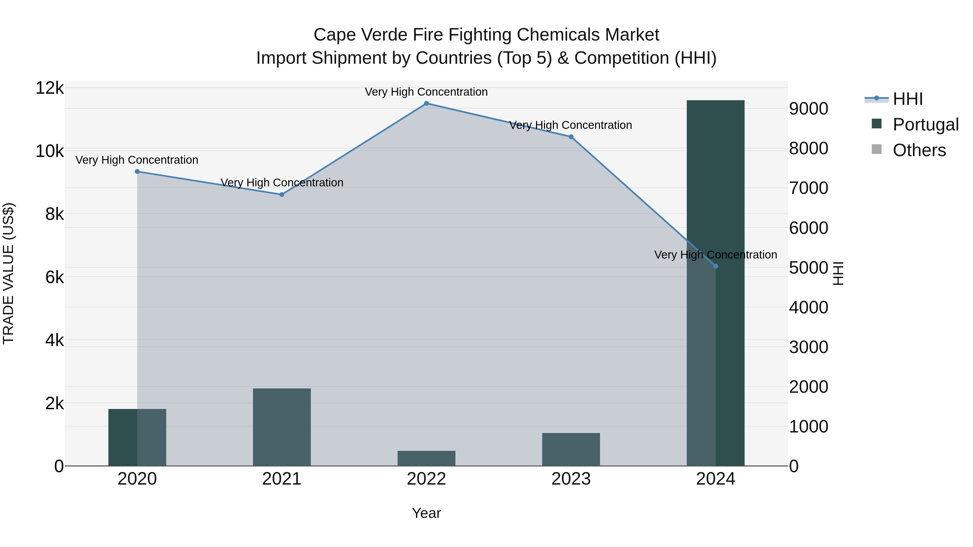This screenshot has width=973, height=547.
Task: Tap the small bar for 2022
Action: pyautogui.click(x=426, y=458)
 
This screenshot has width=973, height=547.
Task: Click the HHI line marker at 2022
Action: pyautogui.click(x=426, y=103)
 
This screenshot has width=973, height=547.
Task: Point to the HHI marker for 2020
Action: pyautogui.click(x=137, y=172)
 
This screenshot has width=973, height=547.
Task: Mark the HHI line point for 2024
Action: pyautogui.click(x=716, y=266)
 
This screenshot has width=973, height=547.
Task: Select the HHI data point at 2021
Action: pyautogui.click(x=282, y=194)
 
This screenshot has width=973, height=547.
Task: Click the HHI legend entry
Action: pyautogui.click(x=907, y=99)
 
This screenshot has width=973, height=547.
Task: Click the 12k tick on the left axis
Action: pyautogui.click(x=49, y=88)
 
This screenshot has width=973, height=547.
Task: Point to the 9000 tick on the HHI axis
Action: pyautogui.click(x=809, y=109)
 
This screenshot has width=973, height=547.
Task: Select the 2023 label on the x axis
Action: pyautogui.click(x=571, y=479)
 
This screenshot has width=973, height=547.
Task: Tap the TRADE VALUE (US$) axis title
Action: pyautogui.click(x=8, y=273)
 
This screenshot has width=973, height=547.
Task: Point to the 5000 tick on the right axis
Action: pyautogui.click(x=809, y=268)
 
